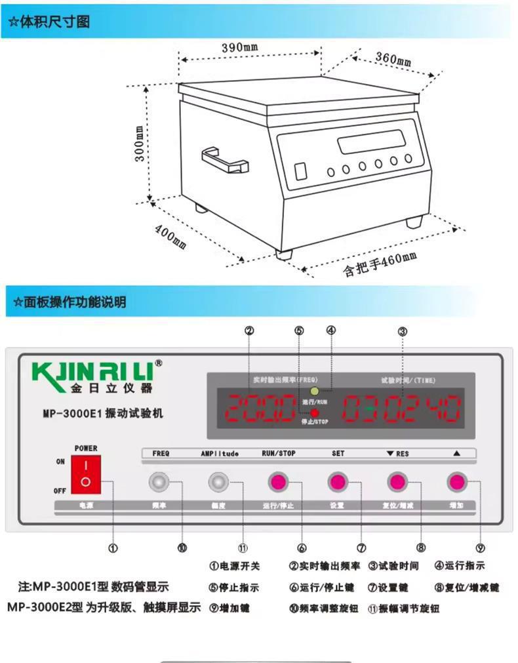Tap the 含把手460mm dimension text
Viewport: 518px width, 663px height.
[380, 264]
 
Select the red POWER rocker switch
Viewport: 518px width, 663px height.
[85, 475]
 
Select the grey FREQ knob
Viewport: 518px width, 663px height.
[158, 482]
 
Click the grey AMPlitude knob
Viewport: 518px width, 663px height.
[218, 482]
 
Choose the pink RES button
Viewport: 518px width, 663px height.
[397, 482]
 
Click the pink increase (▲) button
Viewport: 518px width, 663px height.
[456, 482]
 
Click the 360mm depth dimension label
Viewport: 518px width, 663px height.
[393, 59]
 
